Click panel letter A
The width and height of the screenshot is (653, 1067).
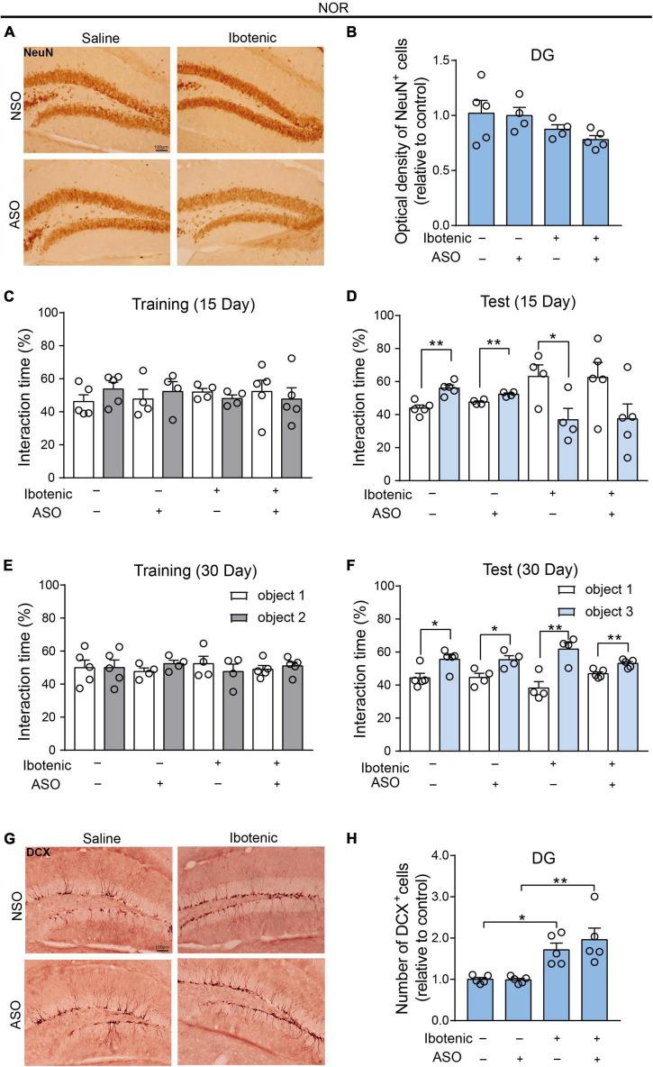9,32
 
